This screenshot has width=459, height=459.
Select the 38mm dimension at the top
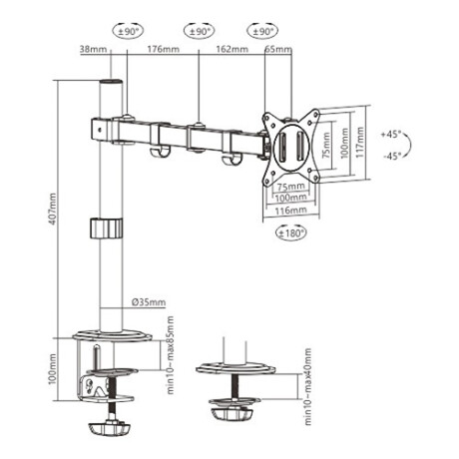point(92,47)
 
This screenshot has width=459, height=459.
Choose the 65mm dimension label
point(280,47)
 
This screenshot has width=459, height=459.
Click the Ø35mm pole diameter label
point(149,303)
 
